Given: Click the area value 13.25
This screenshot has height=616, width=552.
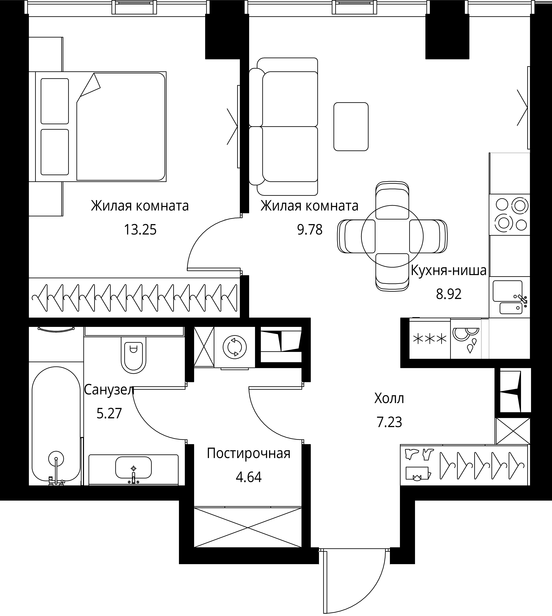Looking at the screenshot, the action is point(140,230).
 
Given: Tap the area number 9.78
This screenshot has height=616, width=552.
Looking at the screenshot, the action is point(310,230).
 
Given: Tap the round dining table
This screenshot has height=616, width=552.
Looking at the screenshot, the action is point(392,236).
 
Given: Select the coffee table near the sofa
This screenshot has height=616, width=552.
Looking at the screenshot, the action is point(351,126).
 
